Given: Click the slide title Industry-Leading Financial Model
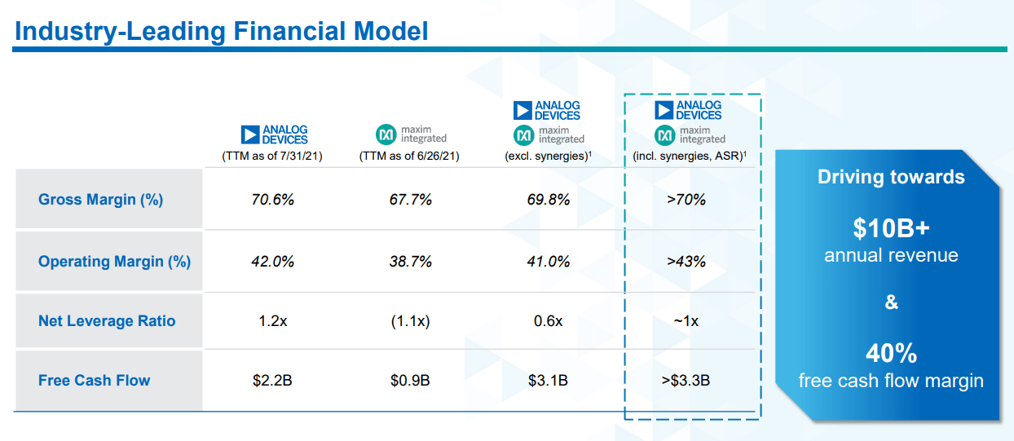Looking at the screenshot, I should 221,32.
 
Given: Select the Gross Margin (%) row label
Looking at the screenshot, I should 100,200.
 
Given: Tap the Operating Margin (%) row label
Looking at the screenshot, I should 114,262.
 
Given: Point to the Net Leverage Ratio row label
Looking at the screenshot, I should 107,321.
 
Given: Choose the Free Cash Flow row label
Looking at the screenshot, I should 94,380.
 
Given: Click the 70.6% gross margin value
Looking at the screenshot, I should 272,200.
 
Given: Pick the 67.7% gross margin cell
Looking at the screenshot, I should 410,200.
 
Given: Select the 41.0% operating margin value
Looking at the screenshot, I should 548,262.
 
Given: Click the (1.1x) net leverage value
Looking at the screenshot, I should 410,321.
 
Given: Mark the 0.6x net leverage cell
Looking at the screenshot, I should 548,321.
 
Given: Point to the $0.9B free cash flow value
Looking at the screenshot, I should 410,380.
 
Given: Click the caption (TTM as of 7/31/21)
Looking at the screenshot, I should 272,156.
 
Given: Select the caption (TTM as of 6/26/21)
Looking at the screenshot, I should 409,156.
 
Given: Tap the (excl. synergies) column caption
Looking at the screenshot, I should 547,156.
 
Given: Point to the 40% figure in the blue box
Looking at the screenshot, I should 891,354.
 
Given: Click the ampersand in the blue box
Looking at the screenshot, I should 891,302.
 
